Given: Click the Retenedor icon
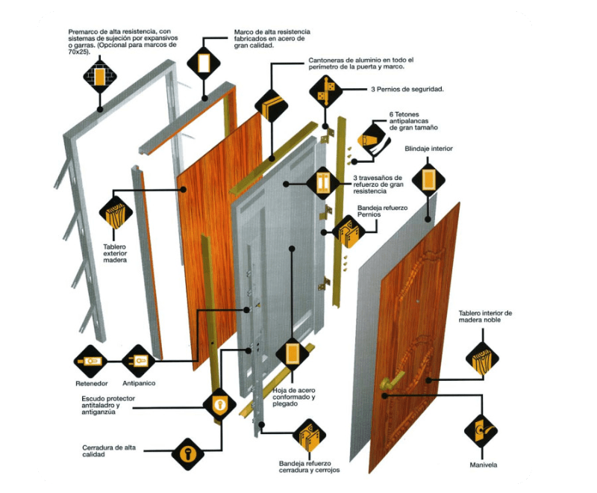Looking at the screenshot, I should click(92, 362).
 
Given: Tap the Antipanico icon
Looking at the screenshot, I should click(138, 362).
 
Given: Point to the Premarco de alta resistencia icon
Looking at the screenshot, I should click(99, 75).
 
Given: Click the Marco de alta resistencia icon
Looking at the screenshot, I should click(203, 63).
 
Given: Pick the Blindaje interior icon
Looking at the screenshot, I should click(428, 179).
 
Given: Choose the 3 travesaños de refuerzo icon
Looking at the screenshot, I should click(323, 182).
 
